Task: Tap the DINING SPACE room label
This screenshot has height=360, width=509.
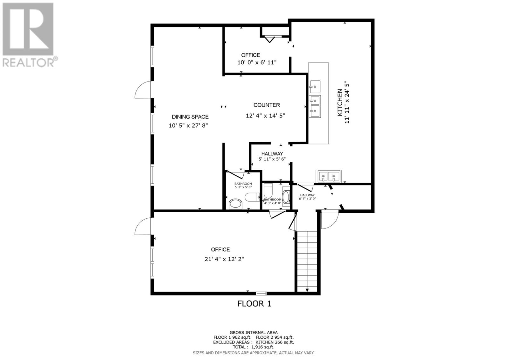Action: pos(190,117)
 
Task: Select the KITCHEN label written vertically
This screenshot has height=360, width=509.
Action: pos(340,102)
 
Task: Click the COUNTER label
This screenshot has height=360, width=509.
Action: pos(267,105)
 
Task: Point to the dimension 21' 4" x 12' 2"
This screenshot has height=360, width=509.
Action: pos(224,259)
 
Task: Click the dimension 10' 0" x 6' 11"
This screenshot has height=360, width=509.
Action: pos(257,62)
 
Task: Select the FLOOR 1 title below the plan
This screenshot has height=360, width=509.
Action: pos(254,304)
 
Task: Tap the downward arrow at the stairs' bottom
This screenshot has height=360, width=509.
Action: pos(307,290)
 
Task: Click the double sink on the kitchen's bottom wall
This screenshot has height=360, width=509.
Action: pos(328,176)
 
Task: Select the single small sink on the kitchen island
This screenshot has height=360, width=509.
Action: pos(315,86)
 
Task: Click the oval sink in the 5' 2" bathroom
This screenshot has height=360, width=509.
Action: pos(236,204)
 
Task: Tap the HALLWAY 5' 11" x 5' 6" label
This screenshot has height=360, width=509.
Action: pos(272,156)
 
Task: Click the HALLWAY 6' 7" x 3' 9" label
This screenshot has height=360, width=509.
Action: pos(307,197)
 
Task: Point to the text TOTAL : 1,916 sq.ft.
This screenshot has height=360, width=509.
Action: pos(253,347)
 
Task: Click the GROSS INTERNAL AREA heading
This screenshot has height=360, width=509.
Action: pos(254,332)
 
